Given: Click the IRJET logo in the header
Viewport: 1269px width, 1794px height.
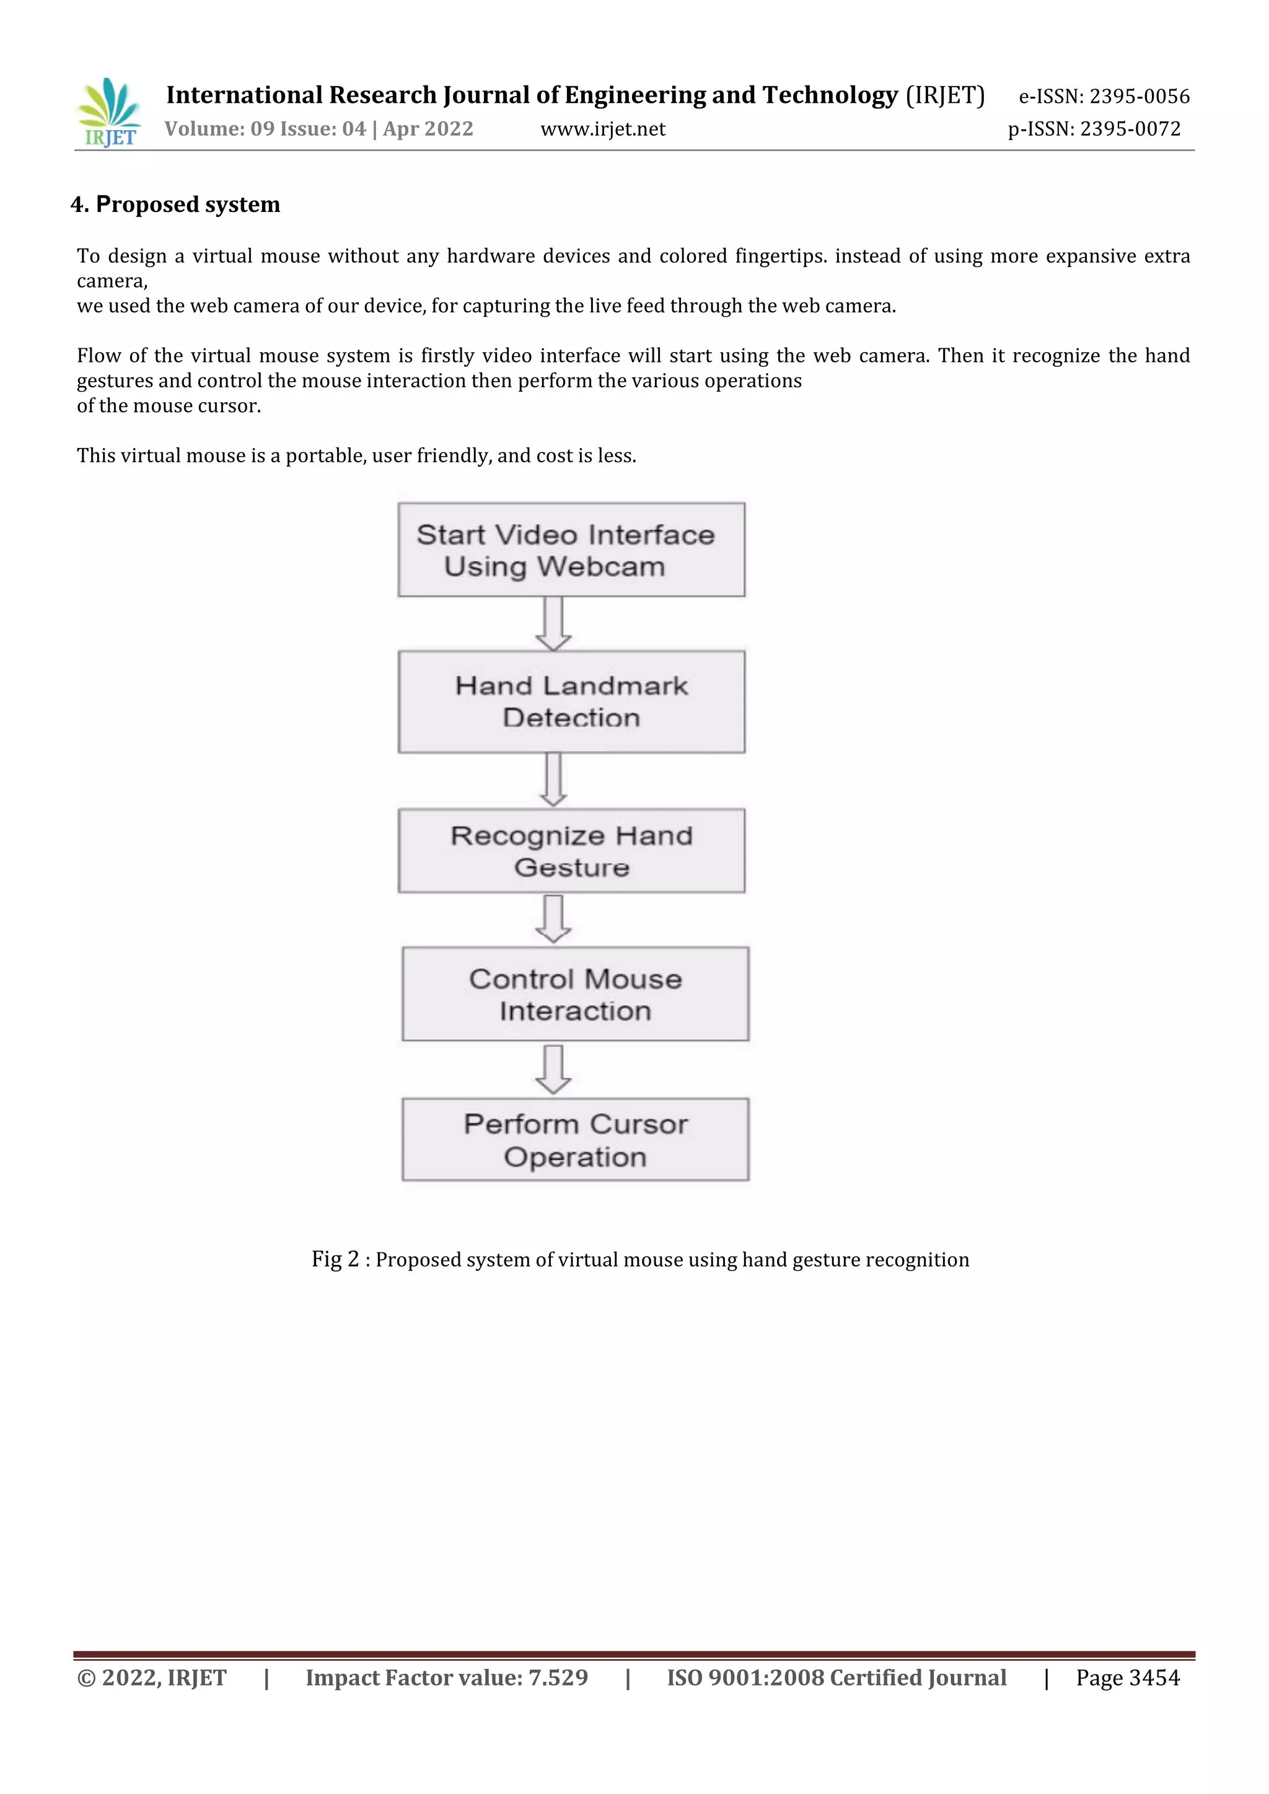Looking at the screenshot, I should coord(110,113).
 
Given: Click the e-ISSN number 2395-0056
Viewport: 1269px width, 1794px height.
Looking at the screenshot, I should coord(1139,96).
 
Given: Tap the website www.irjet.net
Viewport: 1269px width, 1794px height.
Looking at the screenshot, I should coord(602,129).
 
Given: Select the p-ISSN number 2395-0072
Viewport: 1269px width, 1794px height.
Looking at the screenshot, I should coord(1130,129).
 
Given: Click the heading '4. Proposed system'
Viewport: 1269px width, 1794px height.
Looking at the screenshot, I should coord(176,204).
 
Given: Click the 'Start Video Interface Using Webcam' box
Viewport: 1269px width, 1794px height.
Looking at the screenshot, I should coord(571,550).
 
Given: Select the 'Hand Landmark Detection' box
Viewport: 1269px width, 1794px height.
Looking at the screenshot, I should coord(571,701).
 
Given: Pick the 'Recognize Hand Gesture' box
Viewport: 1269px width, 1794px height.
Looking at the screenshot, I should coord(571,851).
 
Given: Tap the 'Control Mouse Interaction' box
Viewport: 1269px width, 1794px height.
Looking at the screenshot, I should coord(575,994).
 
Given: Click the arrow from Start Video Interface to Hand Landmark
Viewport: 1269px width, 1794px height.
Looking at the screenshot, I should coord(553,623).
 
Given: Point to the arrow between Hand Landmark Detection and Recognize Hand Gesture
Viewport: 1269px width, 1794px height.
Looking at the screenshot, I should coord(553,780).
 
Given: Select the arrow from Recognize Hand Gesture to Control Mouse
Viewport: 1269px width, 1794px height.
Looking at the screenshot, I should coord(553,919).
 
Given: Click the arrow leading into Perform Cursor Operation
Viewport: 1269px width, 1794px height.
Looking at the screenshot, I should coord(553,1069).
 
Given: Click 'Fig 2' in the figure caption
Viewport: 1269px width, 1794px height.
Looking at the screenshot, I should coord(335,1260).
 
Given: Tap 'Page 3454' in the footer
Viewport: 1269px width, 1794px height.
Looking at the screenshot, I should coord(1128,1677).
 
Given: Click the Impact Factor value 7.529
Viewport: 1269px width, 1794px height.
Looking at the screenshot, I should coord(558,1677).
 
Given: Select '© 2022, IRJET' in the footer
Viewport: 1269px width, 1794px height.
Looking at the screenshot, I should coord(152,1677).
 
